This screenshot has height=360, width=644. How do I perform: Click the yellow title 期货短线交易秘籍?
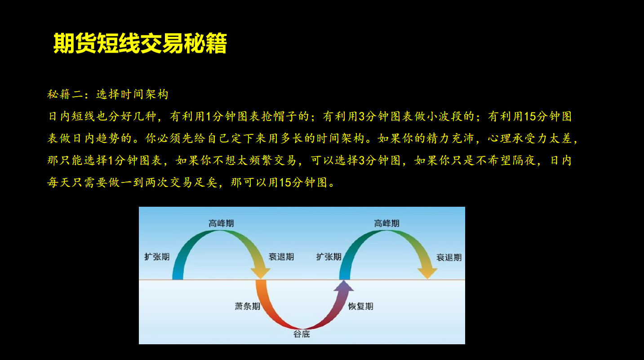click(x=140, y=43)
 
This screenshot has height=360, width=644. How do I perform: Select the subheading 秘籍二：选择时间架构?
click(x=107, y=94)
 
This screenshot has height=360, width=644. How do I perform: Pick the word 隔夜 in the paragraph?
click(x=524, y=160)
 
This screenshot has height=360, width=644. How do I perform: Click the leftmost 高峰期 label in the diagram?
click(x=221, y=223)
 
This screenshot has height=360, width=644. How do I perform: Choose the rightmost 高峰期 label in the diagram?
click(x=386, y=223)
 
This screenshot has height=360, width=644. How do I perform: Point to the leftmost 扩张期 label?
click(x=157, y=257)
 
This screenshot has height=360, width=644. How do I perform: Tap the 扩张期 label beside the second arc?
click(x=329, y=257)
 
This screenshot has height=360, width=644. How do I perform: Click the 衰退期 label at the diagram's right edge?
click(x=449, y=258)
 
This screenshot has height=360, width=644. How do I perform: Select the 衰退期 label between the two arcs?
click(x=281, y=257)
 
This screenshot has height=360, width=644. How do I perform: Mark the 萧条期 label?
click(x=248, y=306)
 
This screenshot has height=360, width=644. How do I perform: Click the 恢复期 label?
click(x=361, y=306)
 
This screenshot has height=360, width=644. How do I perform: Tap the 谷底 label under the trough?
click(x=302, y=334)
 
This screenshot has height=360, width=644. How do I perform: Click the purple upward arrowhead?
click(x=343, y=286)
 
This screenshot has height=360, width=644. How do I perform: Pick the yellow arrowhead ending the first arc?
click(x=261, y=273)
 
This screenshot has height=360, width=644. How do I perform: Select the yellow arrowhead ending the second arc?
click(x=427, y=273)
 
